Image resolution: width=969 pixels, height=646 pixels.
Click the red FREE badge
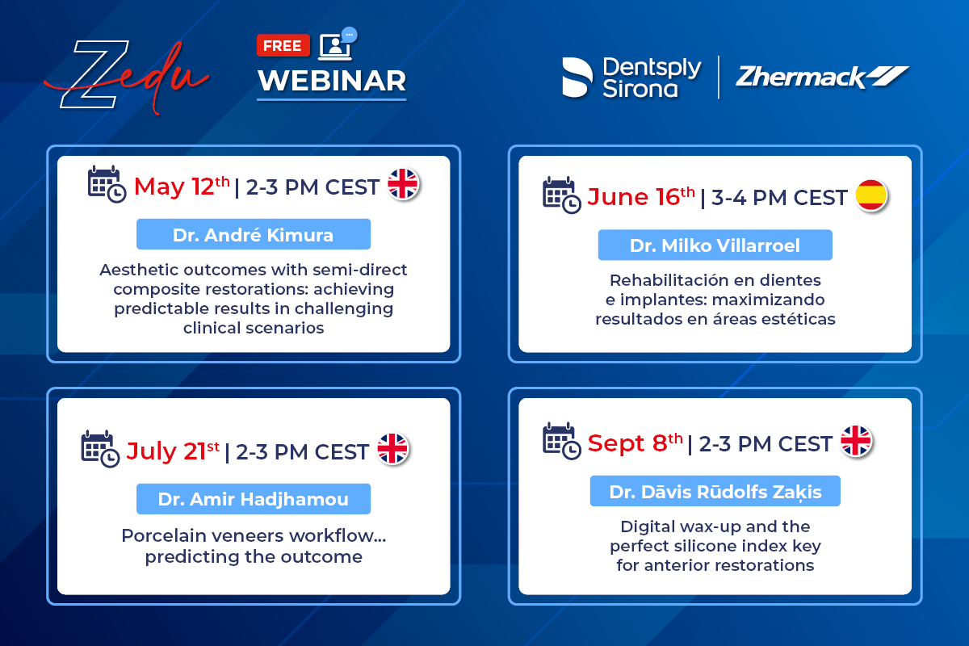coord(283,45)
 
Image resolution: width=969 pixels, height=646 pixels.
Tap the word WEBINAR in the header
coord(332,81)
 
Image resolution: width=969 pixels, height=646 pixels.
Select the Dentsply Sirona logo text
coord(652,78)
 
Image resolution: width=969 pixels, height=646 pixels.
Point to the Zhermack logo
coord(822,77)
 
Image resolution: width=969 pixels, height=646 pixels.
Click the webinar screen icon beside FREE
coord(338,44)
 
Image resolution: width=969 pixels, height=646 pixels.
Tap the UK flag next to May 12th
coord(403,184)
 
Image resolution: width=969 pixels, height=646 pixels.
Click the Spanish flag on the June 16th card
coord(871,195)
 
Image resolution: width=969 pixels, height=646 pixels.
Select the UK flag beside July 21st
coord(392,449)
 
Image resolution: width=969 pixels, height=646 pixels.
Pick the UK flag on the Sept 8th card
coord(856,441)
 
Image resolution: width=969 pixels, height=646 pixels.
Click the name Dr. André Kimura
coord(254,234)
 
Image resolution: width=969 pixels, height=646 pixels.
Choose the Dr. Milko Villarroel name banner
coord(715,245)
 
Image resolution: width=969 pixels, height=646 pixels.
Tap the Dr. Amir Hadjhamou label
coord(254,499)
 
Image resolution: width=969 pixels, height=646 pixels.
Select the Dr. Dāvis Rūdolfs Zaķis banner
coord(715,491)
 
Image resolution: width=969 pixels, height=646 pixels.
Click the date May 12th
coord(182,187)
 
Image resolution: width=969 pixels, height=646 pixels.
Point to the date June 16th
coord(641,197)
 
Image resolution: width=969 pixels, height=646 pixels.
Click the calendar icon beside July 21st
coord(100,449)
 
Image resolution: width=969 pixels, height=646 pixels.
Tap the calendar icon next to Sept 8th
coord(562,441)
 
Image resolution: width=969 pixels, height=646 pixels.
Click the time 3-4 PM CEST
coord(779,198)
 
